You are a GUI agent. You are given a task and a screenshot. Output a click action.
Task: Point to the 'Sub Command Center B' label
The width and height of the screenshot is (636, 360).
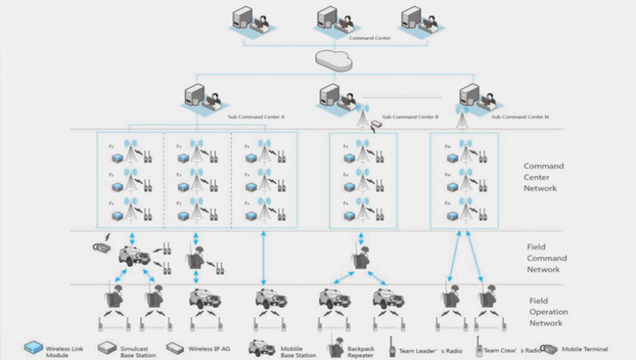pyautogui.click(x=410, y=117)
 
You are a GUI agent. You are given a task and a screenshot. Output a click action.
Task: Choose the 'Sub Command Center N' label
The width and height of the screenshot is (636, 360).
pyautogui.click(x=517, y=116)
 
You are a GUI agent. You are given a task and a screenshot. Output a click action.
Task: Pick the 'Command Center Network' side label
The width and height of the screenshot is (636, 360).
pyautogui.click(x=544, y=178)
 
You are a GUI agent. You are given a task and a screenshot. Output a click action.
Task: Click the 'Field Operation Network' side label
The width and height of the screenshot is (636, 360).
pyautogui.click(x=546, y=312)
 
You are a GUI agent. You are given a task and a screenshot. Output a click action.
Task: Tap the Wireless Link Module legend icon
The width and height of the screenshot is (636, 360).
pyautogui.click(x=33, y=349)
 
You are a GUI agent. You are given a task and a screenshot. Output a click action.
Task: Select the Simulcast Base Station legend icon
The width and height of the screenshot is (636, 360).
pyautogui.click(x=107, y=349)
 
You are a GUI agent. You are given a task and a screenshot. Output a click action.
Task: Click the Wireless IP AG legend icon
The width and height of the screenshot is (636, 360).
pyautogui.click(x=175, y=349)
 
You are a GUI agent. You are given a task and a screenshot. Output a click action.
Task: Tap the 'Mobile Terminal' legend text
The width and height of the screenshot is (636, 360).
pyautogui.click(x=585, y=349)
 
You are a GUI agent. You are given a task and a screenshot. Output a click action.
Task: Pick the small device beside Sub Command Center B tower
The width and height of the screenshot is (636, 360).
pyautogui.click(x=376, y=125)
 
